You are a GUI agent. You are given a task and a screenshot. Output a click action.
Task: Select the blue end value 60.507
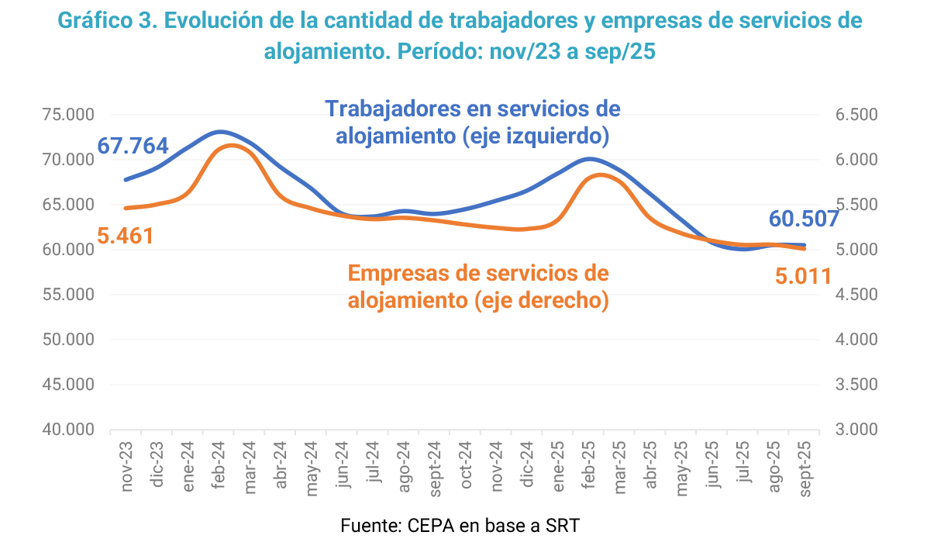[804, 219]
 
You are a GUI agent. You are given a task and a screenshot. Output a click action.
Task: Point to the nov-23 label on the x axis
[126, 466]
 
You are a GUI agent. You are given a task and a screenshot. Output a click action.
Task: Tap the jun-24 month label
[342, 465]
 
